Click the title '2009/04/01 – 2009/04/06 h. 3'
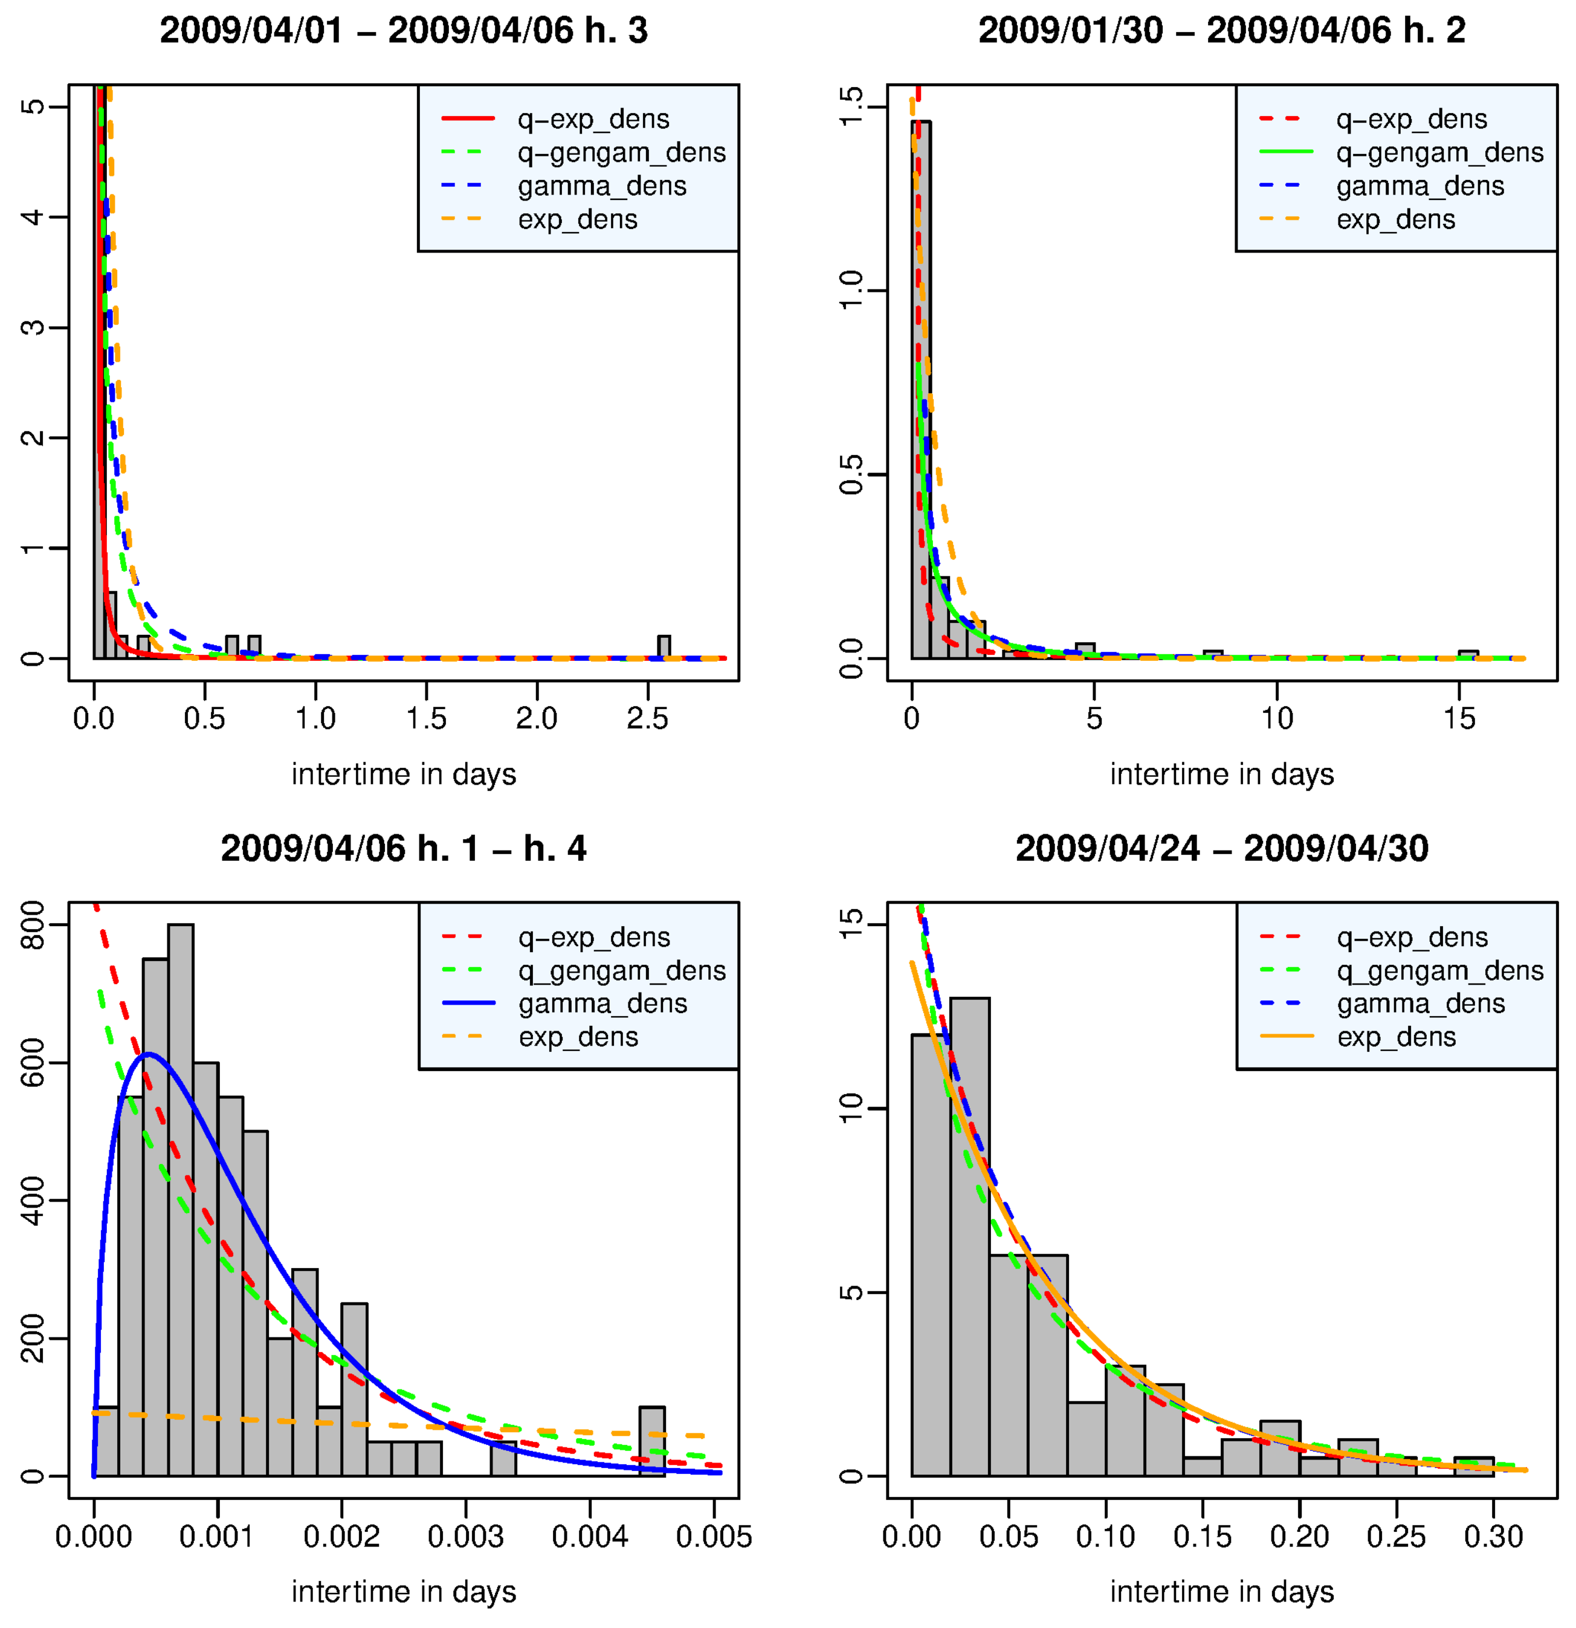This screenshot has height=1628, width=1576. tap(403, 31)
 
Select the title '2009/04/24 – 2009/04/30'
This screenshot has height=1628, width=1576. tap(1221, 848)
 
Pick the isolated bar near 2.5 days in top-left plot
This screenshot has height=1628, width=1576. tap(663, 647)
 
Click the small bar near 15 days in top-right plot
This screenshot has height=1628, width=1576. tap(1467, 655)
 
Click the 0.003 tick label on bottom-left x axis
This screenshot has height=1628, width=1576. tap(465, 1537)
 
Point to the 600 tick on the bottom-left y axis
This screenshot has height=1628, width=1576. tap(33, 1063)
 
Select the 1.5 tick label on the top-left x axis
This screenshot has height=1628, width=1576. tap(426, 718)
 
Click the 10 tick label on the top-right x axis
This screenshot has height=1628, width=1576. tap(1276, 718)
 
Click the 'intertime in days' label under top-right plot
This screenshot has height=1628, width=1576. tap(1221, 774)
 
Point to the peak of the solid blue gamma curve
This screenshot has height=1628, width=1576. tap(148, 1054)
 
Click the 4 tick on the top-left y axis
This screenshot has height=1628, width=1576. tap(33, 217)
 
